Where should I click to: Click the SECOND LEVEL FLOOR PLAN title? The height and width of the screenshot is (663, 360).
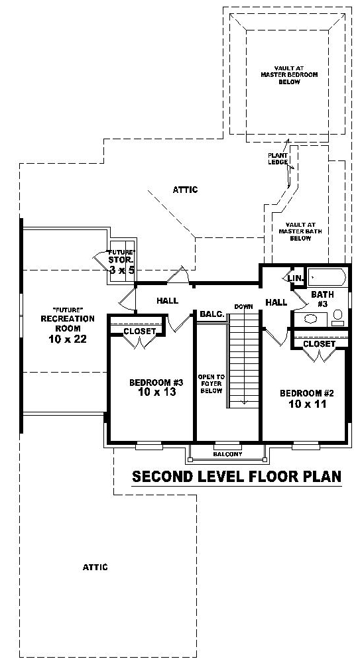pyautogui.click(x=237, y=476)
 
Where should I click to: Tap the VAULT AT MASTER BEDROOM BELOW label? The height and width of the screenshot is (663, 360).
pyautogui.click(x=289, y=75)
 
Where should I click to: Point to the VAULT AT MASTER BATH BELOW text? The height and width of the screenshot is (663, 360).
pyautogui.click(x=300, y=231)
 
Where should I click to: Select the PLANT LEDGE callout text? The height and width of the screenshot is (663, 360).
pyautogui.click(x=278, y=158)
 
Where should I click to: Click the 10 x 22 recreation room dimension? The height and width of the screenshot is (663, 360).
pyautogui.click(x=68, y=338)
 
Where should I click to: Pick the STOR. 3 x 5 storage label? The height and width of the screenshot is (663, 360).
pyautogui.click(x=122, y=265)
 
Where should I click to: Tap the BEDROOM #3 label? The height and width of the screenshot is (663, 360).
pyautogui.click(x=156, y=383)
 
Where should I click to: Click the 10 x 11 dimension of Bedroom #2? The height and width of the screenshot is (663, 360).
pyautogui.click(x=308, y=404)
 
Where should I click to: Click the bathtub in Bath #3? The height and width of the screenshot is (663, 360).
pyautogui.click(x=327, y=278)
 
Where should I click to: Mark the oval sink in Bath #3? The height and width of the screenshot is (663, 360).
pyautogui.click(x=311, y=318)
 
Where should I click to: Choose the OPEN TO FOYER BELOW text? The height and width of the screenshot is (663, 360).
pyautogui.click(x=211, y=383)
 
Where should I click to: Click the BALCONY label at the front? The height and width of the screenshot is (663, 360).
pyautogui.click(x=227, y=454)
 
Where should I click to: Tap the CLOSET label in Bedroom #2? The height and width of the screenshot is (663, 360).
pyautogui.click(x=320, y=344)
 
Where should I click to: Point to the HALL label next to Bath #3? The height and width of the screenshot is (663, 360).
pyautogui.click(x=276, y=302)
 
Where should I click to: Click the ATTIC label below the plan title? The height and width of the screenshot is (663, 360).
pyautogui.click(x=95, y=567)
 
